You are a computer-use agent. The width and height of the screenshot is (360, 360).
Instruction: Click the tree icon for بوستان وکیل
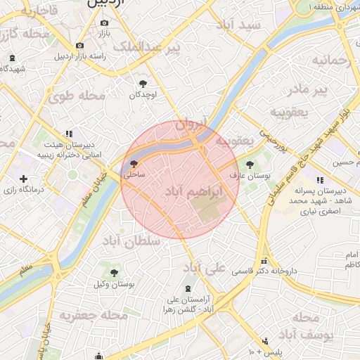pos(114,273)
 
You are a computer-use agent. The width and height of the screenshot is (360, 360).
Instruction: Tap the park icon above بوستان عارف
pos(250,164)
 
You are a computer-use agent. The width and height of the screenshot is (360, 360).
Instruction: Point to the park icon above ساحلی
pos(134,164)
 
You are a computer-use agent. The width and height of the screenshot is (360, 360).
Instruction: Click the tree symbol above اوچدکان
pos(143,83)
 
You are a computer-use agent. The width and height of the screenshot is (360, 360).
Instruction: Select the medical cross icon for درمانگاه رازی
pos(25,179)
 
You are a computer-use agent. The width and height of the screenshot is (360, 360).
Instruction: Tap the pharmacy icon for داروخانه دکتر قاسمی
pos(264,260)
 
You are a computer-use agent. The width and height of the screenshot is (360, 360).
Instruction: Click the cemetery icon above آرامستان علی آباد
pos(188,289)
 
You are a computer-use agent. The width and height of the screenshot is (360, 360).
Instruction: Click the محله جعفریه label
pos(94,316)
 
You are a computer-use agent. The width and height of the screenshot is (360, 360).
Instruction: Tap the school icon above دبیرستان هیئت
pos(68,134)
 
